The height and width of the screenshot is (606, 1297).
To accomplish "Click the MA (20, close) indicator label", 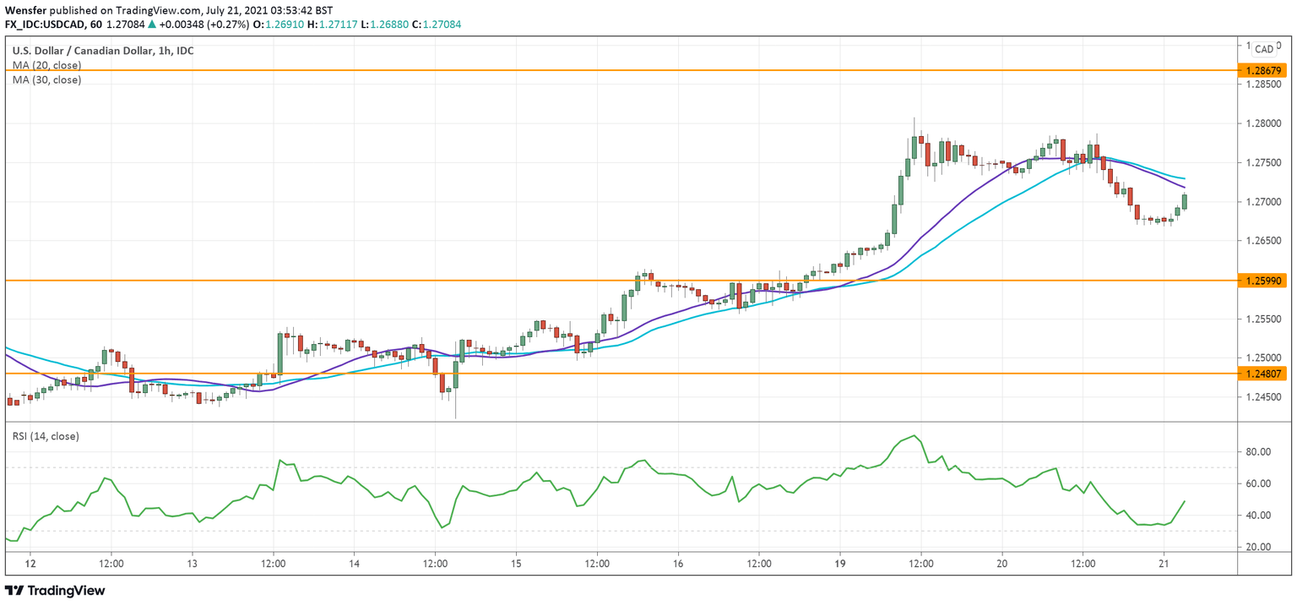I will pyautogui.click(x=46, y=65).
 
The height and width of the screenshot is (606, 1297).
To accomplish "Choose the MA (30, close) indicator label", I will pyautogui.click(x=46, y=79).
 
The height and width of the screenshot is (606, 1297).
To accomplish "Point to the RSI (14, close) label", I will pyautogui.click(x=46, y=436).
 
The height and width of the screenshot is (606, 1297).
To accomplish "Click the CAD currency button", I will pyautogui.click(x=1264, y=50).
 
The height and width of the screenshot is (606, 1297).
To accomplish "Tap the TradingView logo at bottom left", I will pyautogui.click(x=56, y=591).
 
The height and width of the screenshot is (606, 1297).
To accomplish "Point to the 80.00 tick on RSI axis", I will pyautogui.click(x=1259, y=452).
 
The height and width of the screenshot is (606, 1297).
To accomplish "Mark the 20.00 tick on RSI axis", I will pyautogui.click(x=1259, y=547).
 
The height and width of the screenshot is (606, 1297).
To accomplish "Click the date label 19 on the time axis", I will pyautogui.click(x=840, y=563).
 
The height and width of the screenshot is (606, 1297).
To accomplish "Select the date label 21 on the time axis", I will pyautogui.click(x=1164, y=563).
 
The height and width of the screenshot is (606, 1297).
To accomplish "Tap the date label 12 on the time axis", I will pyautogui.click(x=30, y=563).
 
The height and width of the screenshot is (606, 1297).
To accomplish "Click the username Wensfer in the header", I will pyautogui.click(x=26, y=9).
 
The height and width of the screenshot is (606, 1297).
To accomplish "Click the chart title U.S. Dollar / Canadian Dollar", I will pyautogui.click(x=83, y=51).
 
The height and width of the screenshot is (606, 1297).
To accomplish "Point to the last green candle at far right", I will pyautogui.click(x=1185, y=201).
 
